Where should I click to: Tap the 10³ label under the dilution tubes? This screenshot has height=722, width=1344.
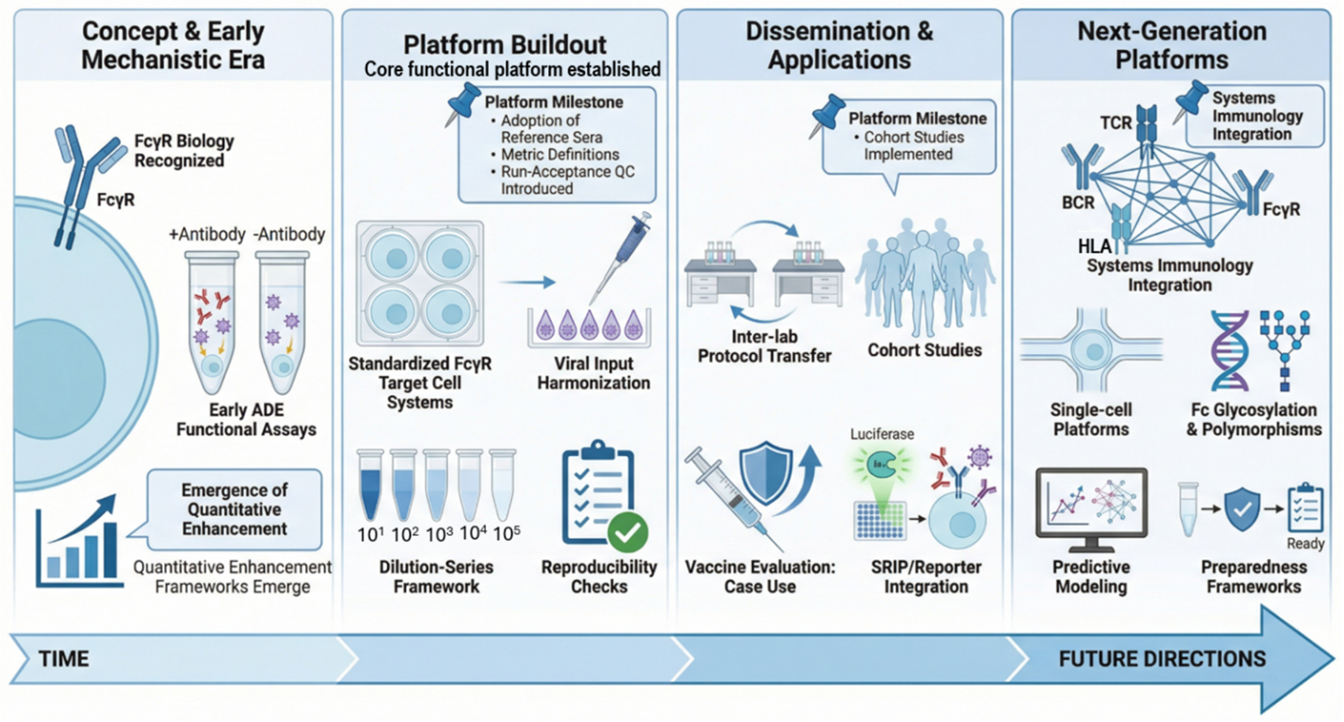[x=439, y=534]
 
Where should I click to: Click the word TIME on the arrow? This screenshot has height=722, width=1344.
[x=63, y=659]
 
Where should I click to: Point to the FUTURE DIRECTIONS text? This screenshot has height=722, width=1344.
[x=1162, y=659]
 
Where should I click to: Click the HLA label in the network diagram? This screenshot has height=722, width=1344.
[x=1095, y=246]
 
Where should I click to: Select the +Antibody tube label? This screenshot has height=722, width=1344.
[x=207, y=235]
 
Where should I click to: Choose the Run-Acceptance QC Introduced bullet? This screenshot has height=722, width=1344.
[x=567, y=180]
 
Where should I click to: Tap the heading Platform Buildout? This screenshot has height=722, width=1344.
[x=505, y=45]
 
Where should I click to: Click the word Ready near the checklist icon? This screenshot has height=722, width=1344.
[x=1305, y=544]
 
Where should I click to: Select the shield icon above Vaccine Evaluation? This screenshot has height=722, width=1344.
[x=766, y=472]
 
